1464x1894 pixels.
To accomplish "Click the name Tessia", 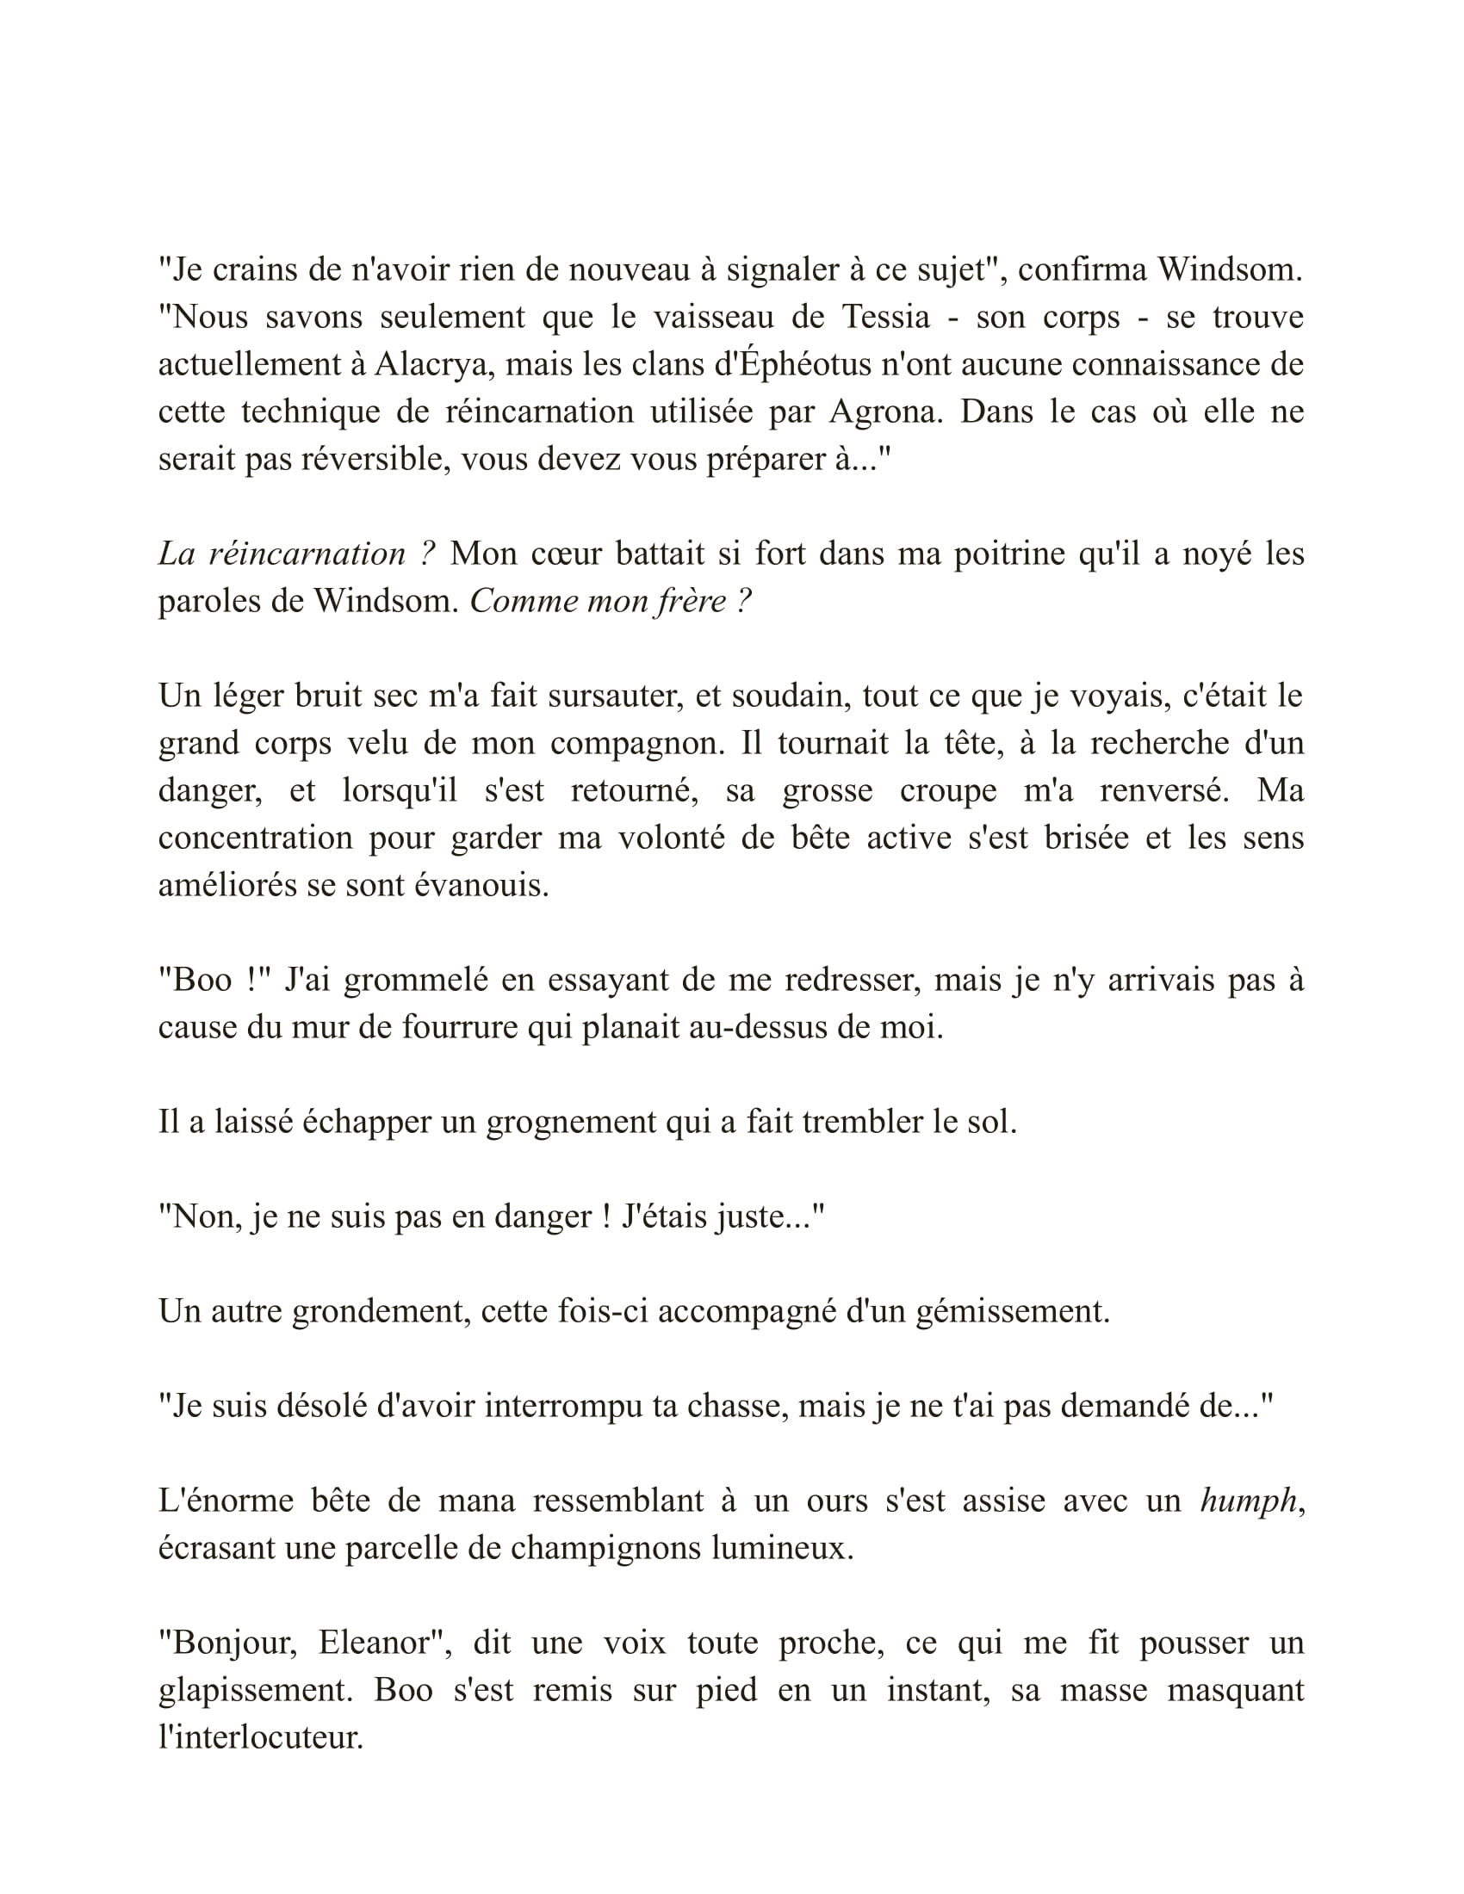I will (884, 318).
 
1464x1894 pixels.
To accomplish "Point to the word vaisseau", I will (713, 318).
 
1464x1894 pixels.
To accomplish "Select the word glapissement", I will (256, 1690).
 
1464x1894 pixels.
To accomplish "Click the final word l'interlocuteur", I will (259, 1737).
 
